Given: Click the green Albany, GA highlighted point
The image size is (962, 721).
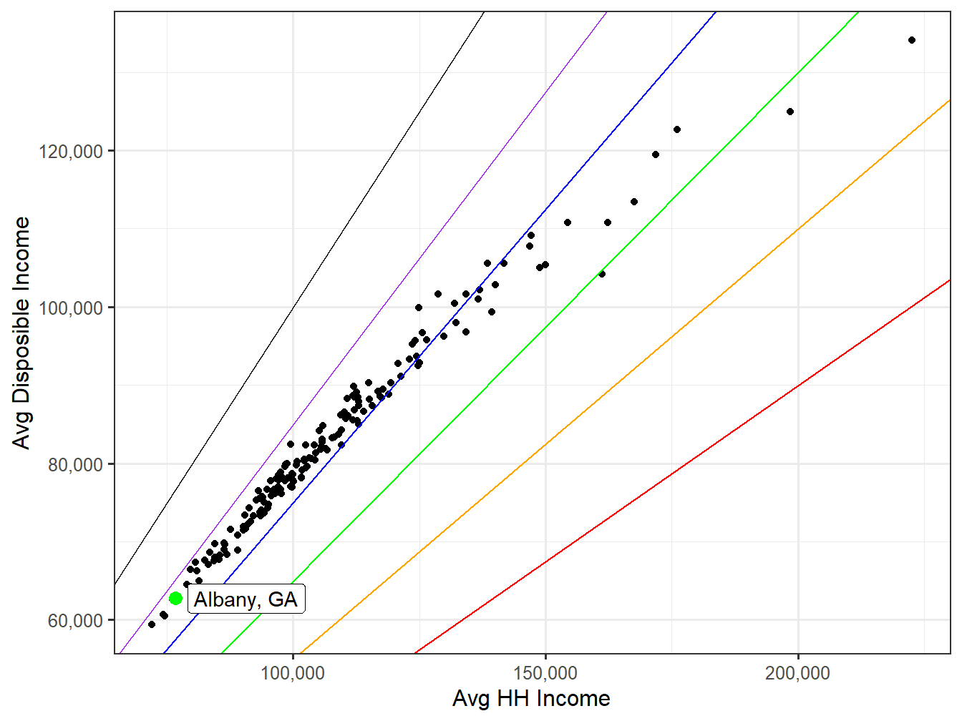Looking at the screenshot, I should tap(175, 598).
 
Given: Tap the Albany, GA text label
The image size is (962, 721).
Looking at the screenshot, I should tap(246, 599).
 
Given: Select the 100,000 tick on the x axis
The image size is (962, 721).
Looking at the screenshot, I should tap(293, 673).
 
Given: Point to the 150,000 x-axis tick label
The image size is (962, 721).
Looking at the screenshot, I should tap(545, 673).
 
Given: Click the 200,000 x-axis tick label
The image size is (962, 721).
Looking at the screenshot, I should tap(797, 673).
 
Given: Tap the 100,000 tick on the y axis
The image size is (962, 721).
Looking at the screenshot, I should tap(71, 308).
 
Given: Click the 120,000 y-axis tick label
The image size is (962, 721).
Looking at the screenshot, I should tap(71, 151).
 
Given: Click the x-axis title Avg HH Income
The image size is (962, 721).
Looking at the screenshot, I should tap(531, 699).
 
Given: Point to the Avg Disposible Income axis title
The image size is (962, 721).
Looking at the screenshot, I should tap(22, 333).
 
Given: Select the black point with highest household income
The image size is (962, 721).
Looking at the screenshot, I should tap(912, 40).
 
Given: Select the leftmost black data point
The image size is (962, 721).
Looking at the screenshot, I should tap(152, 624).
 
